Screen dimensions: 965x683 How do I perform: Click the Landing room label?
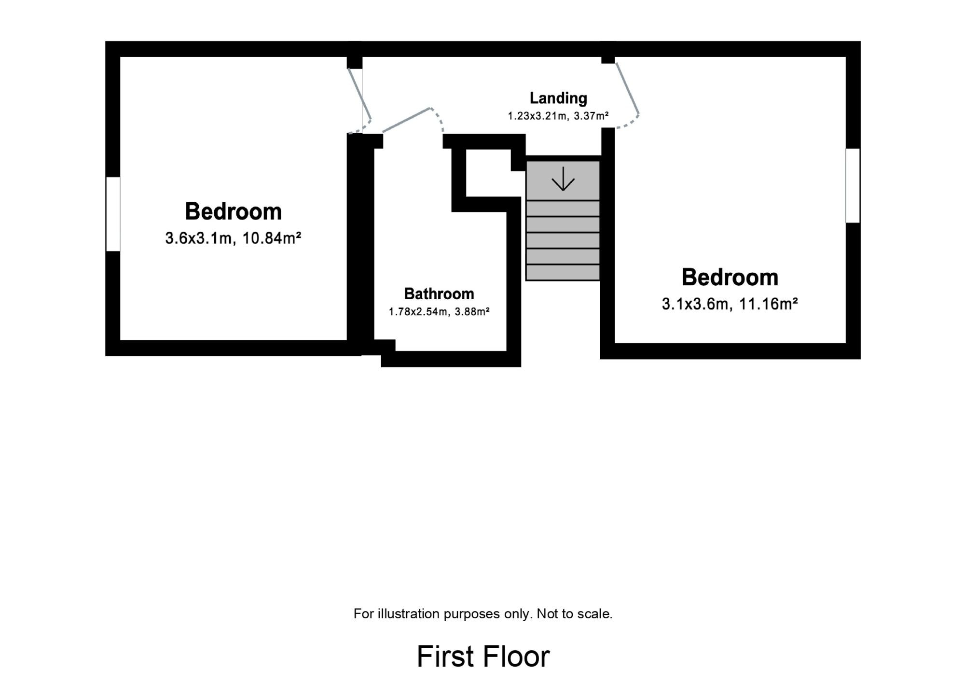click(558, 98)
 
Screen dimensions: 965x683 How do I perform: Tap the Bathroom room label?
click(439, 293)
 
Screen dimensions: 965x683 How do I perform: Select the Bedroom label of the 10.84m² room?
click(234, 211)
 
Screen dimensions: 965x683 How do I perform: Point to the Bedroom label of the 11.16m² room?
click(730, 277)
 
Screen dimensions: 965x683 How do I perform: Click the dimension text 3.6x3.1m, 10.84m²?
click(234, 238)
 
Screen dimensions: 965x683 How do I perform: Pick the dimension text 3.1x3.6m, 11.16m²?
click(730, 304)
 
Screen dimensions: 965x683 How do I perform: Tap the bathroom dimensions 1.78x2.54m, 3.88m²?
click(439, 312)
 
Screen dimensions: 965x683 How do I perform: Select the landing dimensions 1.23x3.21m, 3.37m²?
click(558, 116)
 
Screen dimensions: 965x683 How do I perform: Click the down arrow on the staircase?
click(563, 179)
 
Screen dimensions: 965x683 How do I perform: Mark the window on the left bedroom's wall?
click(113, 214)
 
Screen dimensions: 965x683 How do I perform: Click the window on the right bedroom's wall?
click(853, 185)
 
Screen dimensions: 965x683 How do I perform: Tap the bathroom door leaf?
click(406, 120)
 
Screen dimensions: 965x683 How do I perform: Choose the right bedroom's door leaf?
click(628, 88)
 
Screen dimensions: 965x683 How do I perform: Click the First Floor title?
click(483, 656)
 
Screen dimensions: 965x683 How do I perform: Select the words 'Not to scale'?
click(575, 614)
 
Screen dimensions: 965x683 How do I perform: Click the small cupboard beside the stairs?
click(488, 173)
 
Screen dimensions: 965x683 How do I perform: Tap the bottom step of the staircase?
click(563, 272)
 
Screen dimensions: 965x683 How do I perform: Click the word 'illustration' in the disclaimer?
click(410, 614)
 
